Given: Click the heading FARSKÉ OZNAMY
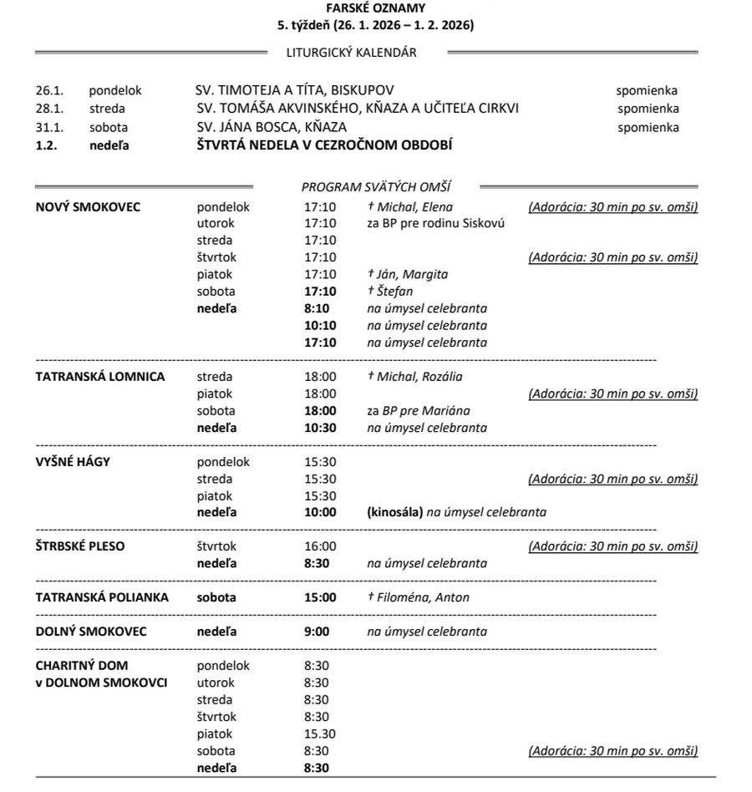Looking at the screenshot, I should pyautogui.click(x=376, y=8).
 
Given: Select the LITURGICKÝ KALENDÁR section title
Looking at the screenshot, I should pyautogui.click(x=351, y=53).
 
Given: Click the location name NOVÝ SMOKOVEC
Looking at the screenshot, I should pyautogui.click(x=88, y=206).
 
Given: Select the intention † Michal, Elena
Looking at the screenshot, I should pyautogui.click(x=410, y=206).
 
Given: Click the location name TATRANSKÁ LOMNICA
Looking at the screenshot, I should pyautogui.click(x=100, y=376).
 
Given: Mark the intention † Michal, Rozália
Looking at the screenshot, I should pyautogui.click(x=414, y=376).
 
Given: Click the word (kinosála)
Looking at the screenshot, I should pyautogui.click(x=395, y=512).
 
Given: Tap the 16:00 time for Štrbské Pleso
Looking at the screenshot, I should pyautogui.click(x=320, y=546).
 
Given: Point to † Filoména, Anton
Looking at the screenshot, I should pyautogui.click(x=419, y=597).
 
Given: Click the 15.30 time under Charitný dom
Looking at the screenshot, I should pyautogui.click(x=320, y=734).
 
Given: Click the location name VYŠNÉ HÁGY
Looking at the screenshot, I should pyautogui.click(x=73, y=461).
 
